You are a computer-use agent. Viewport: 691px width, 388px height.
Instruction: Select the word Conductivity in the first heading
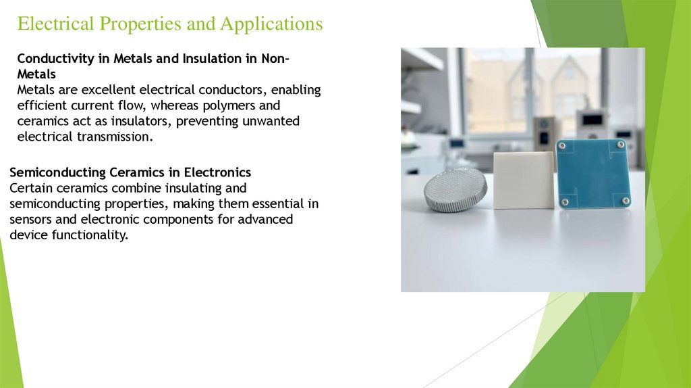(56, 59)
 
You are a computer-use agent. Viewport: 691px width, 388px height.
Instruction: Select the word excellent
(105, 90)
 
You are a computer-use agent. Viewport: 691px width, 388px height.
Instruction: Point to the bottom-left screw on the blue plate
(565, 201)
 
